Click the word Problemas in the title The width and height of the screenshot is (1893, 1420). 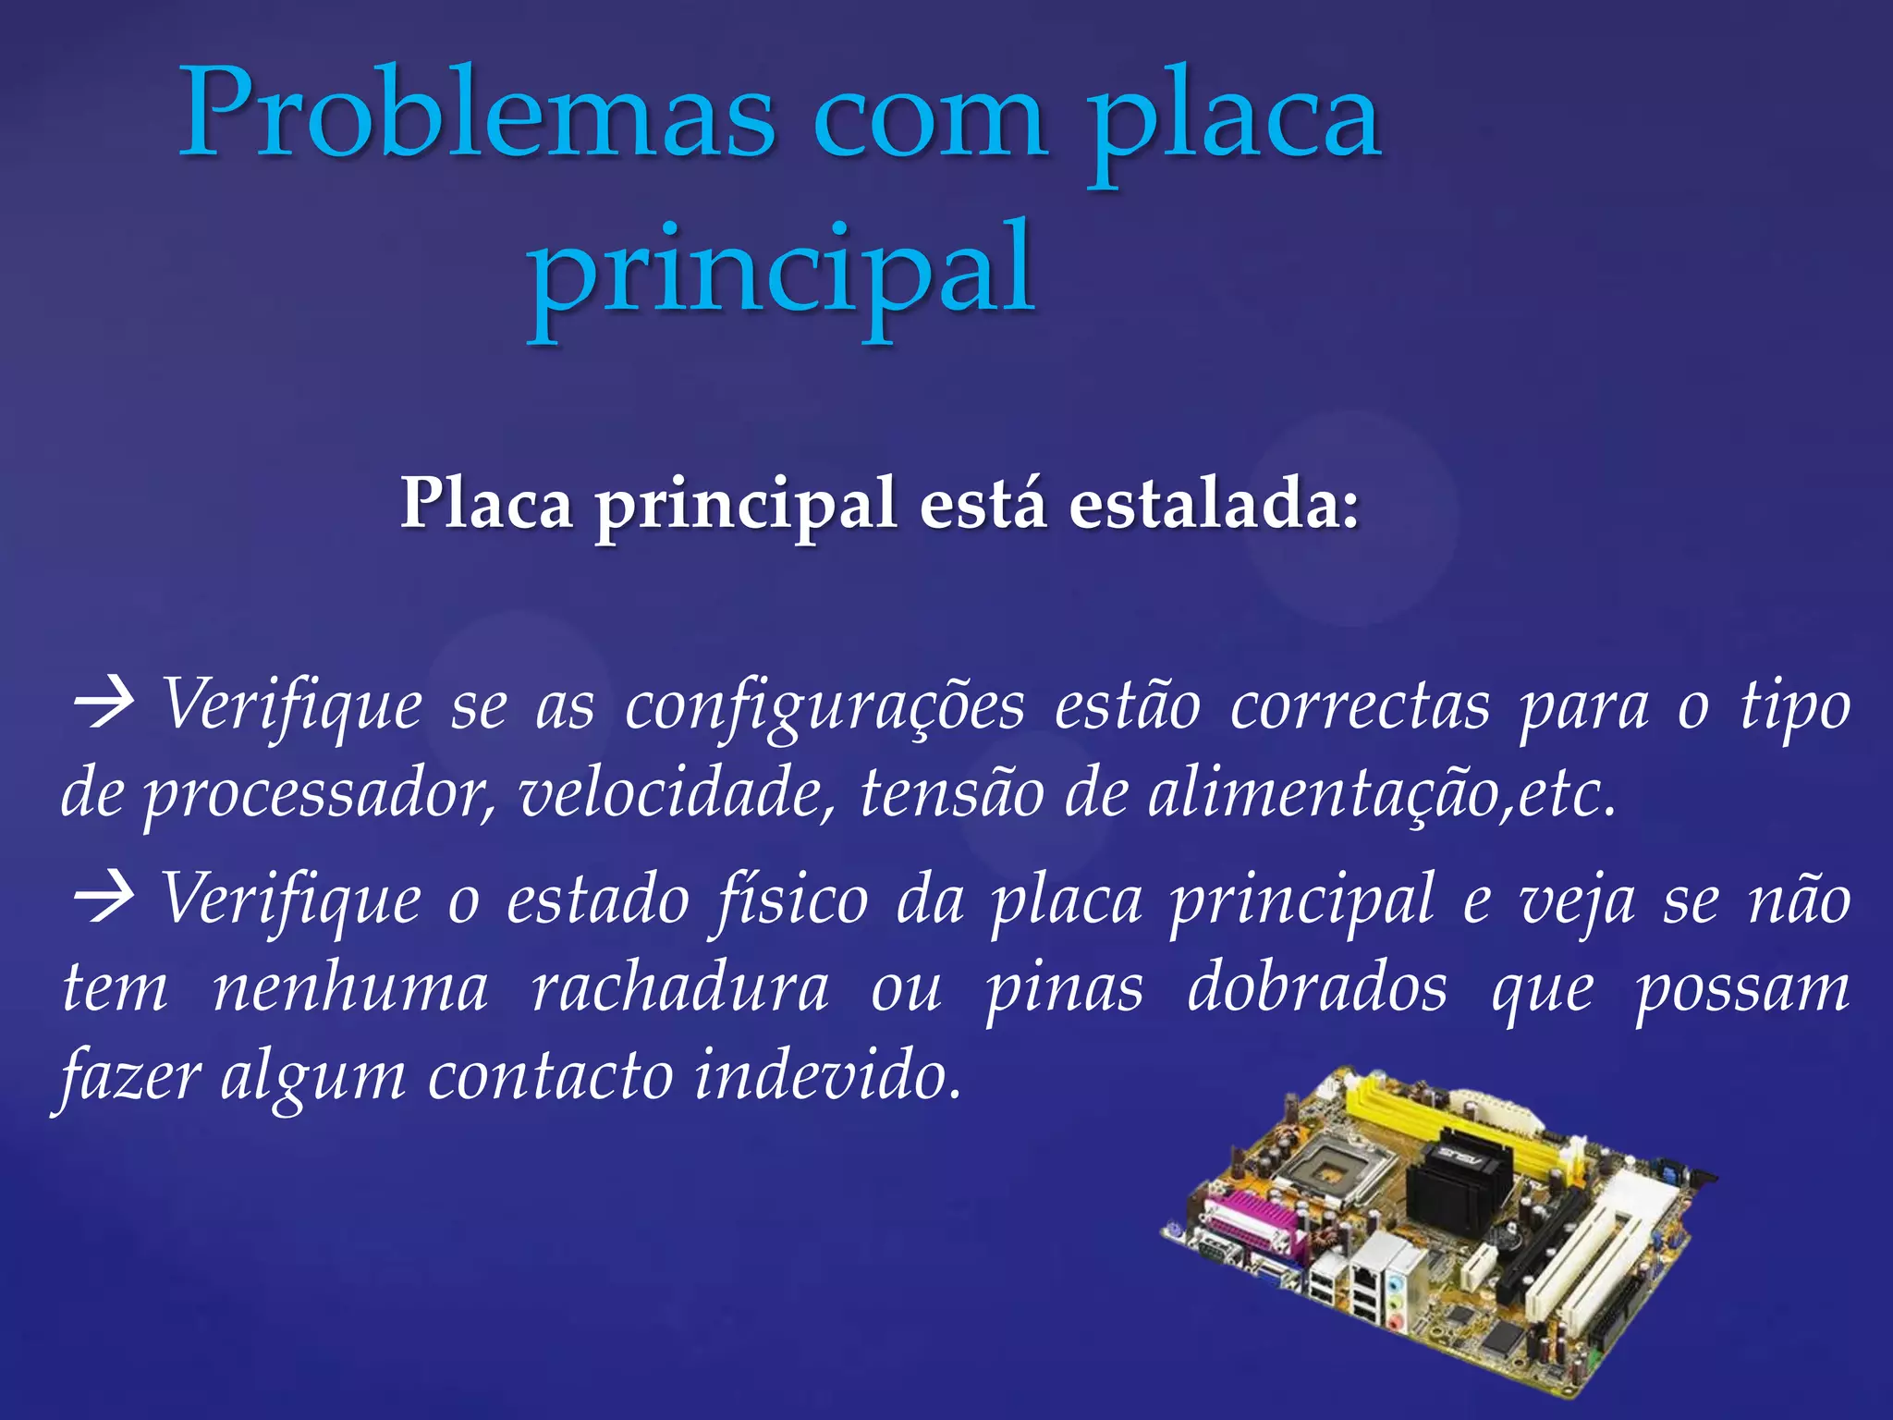click(x=476, y=116)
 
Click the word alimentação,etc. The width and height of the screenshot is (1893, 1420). click(x=1381, y=795)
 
